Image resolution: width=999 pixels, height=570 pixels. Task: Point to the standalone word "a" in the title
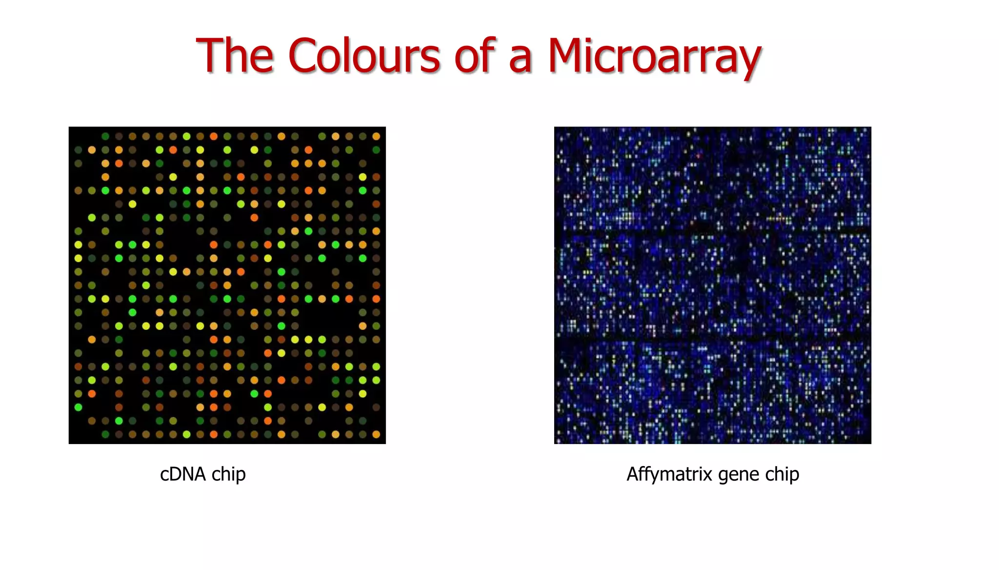pos(520,59)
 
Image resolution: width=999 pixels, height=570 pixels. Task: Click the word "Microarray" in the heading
pos(654,57)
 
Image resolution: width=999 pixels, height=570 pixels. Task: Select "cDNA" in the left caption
pos(183,474)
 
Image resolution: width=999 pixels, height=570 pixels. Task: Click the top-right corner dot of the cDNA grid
pos(376,136)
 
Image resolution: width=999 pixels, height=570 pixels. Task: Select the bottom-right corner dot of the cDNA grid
pos(376,434)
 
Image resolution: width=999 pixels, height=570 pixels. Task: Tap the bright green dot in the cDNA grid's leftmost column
pos(78,407)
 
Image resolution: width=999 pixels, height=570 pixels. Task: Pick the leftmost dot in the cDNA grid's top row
pos(105,136)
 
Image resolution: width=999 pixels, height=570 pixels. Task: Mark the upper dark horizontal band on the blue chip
pos(712,229)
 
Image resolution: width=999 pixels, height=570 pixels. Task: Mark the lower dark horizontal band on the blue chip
pos(712,337)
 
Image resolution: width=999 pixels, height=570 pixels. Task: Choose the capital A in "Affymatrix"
pos(633,473)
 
